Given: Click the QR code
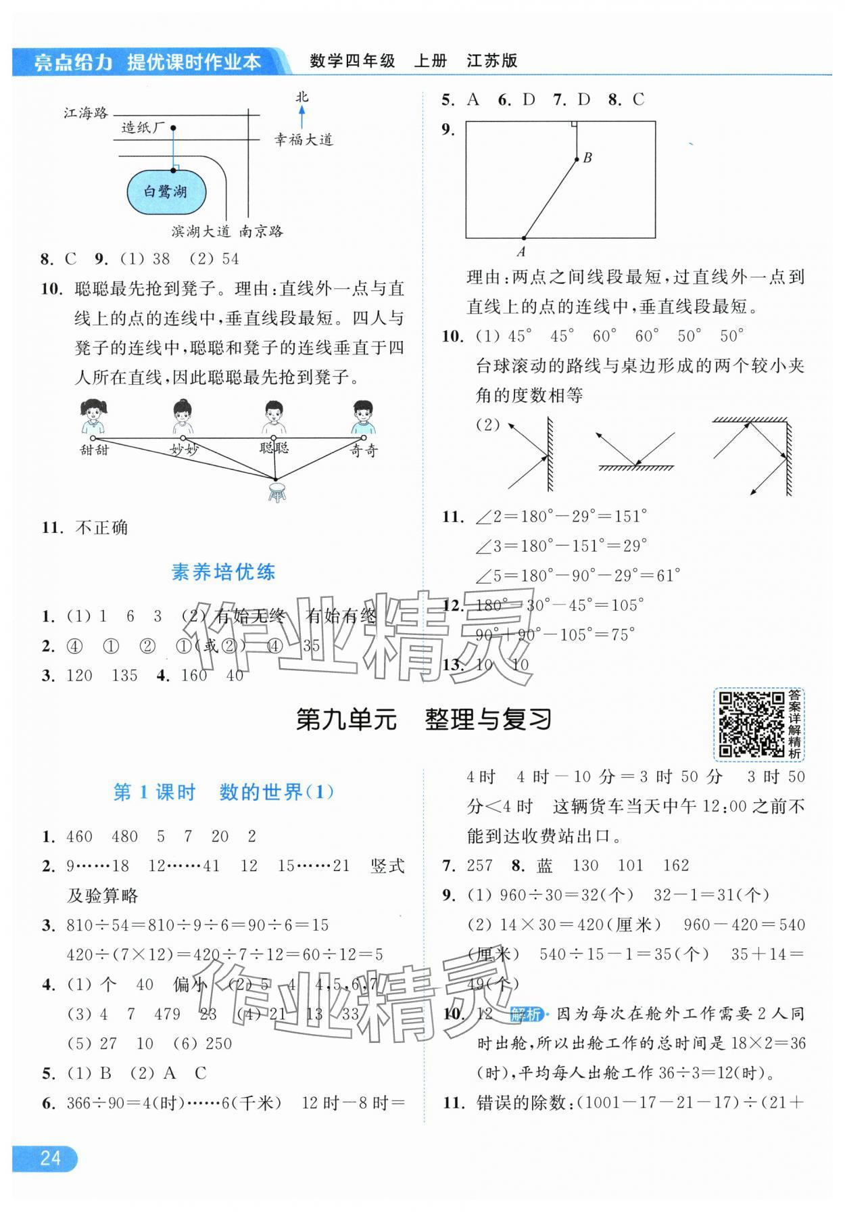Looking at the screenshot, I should pos(750,724).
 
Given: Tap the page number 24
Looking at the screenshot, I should pos(50,1158).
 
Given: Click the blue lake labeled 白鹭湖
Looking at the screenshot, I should pos(166,192).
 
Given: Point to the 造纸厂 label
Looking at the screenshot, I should pos(143,127).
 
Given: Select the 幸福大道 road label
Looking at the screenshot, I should pos(304,140).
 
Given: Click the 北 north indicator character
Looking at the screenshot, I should pos(302,97).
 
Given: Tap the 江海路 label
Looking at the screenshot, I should pos(86,113).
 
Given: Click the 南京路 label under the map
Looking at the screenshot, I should pos(261,231).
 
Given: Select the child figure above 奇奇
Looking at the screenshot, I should pos(363,417).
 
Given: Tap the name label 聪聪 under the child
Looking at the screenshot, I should pos(274,447).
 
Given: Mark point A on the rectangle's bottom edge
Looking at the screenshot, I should pos(524,238).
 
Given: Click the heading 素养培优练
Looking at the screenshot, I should pos(223,572).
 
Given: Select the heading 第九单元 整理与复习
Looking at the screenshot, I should pos(424,720).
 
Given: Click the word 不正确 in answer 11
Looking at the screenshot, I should pos(101,528).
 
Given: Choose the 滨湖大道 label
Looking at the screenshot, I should pos(201,231).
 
